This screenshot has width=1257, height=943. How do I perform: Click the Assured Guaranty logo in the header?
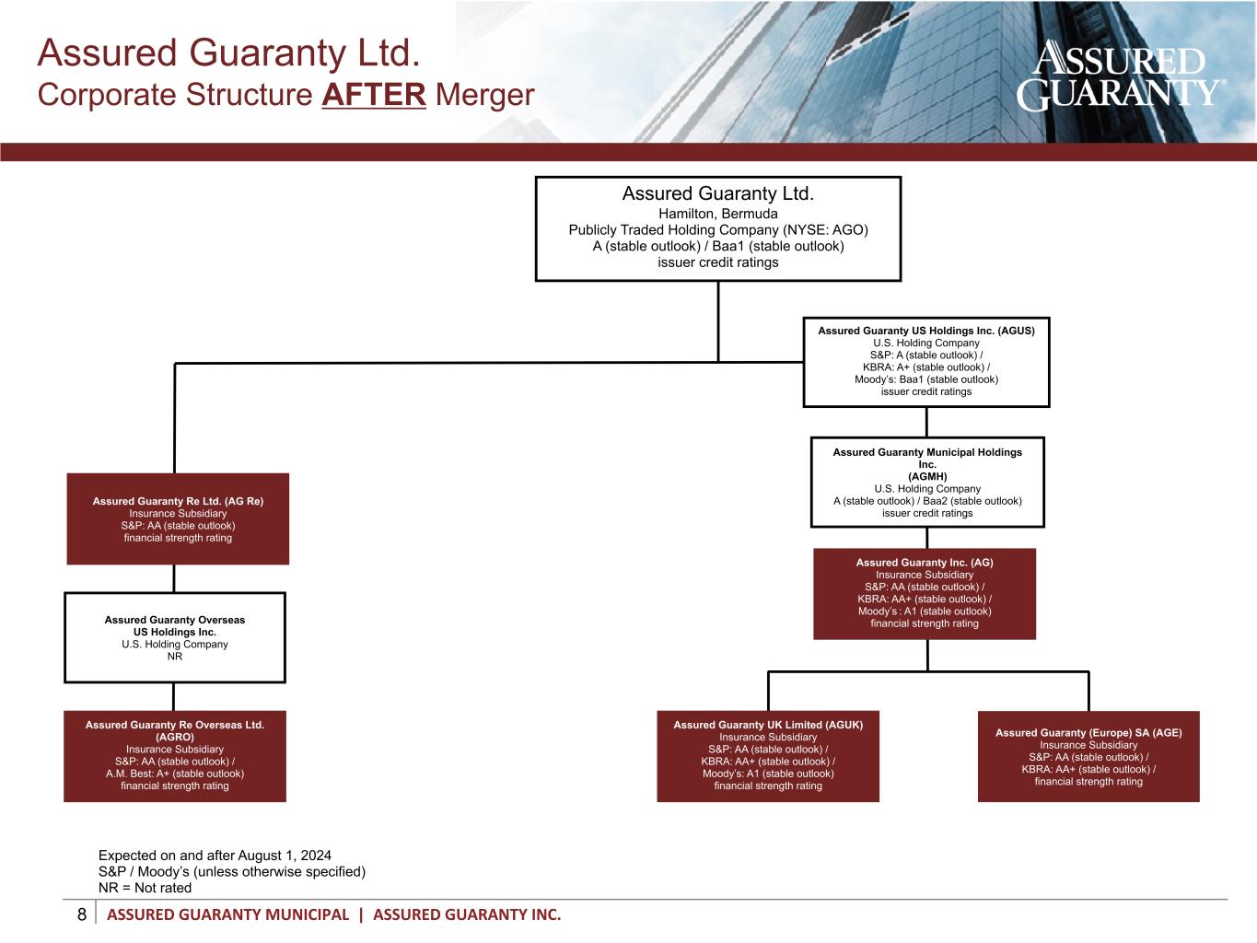(x=1120, y=76)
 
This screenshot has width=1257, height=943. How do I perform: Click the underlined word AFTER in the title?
(x=374, y=95)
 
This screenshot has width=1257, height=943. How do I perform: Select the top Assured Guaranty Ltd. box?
(x=717, y=228)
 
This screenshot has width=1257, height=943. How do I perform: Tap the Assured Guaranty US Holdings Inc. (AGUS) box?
(x=925, y=361)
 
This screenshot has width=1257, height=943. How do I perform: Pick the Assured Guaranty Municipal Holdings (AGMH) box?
(x=926, y=482)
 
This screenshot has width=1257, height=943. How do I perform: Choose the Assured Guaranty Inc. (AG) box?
(x=924, y=593)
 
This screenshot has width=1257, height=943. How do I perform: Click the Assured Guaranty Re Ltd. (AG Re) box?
(x=178, y=518)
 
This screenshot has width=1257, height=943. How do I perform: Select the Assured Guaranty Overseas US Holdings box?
(x=175, y=637)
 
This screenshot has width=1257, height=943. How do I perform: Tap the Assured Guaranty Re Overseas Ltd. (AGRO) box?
(x=175, y=755)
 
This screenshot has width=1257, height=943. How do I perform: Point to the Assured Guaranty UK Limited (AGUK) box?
(x=767, y=755)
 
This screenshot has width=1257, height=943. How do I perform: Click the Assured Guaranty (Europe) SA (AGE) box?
(x=1088, y=756)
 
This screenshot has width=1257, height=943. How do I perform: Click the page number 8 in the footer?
(x=82, y=914)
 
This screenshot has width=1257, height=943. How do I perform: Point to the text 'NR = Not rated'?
(x=145, y=888)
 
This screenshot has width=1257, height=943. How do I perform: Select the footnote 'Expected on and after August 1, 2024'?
(x=215, y=855)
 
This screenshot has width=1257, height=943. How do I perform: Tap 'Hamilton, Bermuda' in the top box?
(x=717, y=214)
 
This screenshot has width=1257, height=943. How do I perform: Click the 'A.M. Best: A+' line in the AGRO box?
(x=175, y=774)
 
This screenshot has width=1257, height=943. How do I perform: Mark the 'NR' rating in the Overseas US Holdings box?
(x=175, y=657)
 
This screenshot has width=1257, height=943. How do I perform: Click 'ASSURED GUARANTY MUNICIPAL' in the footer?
(x=228, y=914)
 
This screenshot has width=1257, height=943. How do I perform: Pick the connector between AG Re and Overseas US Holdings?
(x=174, y=578)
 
